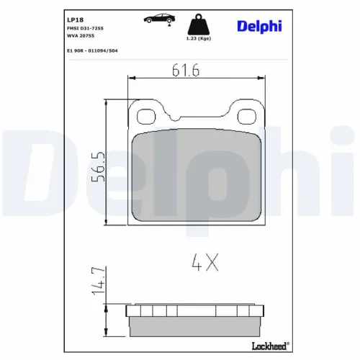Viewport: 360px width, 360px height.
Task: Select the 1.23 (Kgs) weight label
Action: tap(199, 39)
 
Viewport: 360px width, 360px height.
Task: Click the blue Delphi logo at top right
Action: tap(257, 27)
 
